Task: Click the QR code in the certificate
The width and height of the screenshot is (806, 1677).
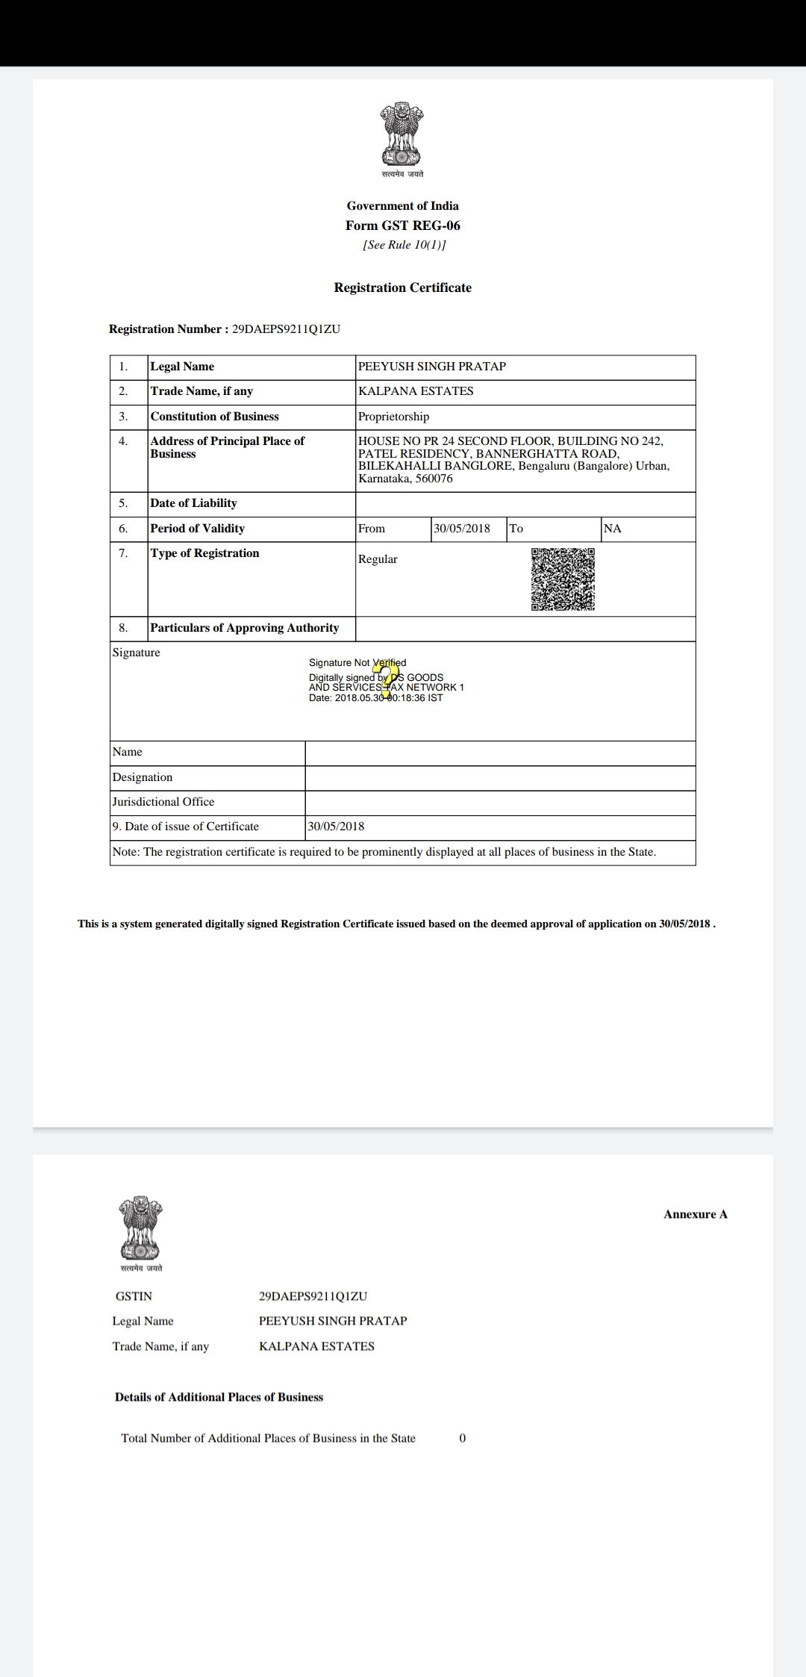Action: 563,579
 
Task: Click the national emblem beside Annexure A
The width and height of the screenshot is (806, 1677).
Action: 140,1228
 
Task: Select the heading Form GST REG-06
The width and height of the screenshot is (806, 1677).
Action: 403,225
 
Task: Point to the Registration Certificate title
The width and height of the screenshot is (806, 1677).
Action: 403,287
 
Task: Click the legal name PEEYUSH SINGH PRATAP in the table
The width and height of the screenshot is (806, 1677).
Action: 432,367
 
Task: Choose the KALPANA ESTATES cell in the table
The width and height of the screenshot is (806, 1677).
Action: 416,391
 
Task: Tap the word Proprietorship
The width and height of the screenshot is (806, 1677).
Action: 394,417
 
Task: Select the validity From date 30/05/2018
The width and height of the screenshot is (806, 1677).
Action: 462,529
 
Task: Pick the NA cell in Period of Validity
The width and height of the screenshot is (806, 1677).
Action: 613,529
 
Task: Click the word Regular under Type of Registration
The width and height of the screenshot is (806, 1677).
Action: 378,559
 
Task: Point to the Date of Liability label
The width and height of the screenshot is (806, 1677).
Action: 194,503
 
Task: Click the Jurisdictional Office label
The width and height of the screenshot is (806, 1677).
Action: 163,802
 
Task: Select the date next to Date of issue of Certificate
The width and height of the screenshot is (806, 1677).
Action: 337,827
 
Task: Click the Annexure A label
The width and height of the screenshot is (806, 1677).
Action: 696,1214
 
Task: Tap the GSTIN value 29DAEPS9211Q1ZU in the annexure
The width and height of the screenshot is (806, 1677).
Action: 313,1296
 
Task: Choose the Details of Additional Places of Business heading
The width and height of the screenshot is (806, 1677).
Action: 219,1397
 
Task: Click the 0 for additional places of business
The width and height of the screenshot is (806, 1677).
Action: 463,1438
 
